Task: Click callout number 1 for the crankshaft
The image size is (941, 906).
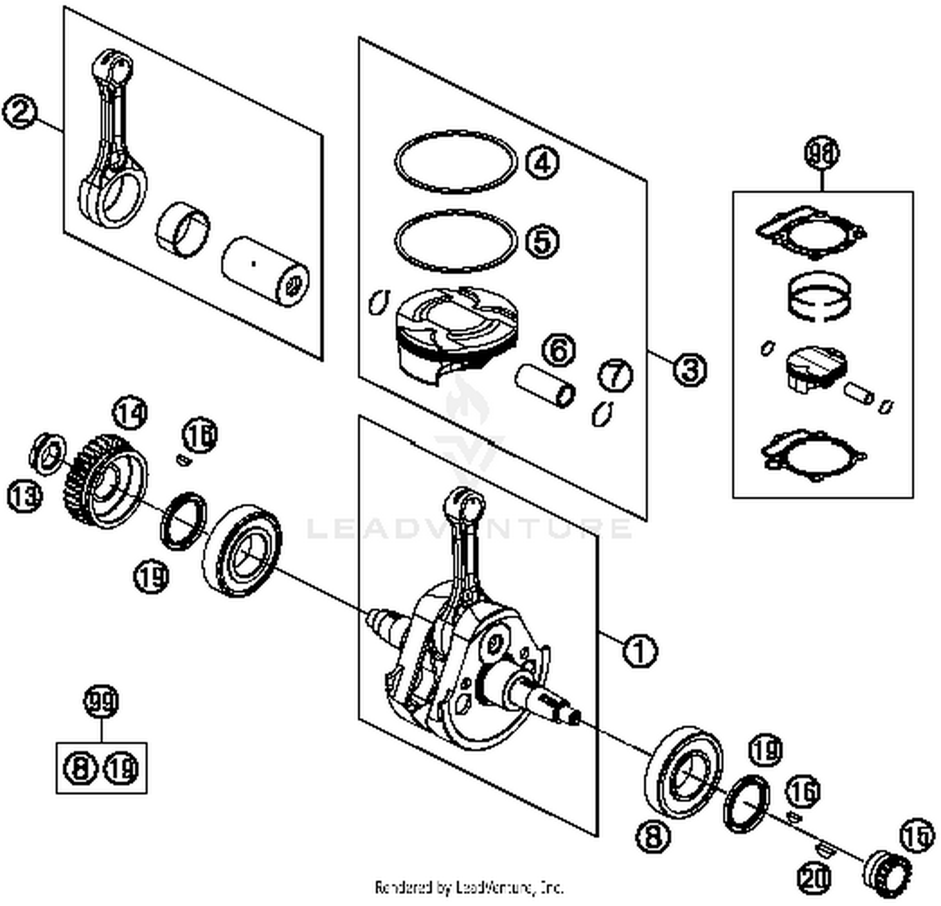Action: [640, 651]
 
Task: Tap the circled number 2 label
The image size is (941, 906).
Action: [20, 113]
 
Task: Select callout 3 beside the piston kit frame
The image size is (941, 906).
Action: [689, 369]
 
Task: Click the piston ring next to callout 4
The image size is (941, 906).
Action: [456, 162]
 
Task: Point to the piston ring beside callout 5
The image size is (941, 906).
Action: [456, 242]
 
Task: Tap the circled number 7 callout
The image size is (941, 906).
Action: [615, 375]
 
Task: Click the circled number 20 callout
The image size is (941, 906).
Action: [815, 878]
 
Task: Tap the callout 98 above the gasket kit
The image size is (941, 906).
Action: [822, 154]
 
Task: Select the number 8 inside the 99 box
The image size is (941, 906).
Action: [81, 768]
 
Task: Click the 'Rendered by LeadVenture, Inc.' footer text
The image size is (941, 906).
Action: [469, 887]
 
